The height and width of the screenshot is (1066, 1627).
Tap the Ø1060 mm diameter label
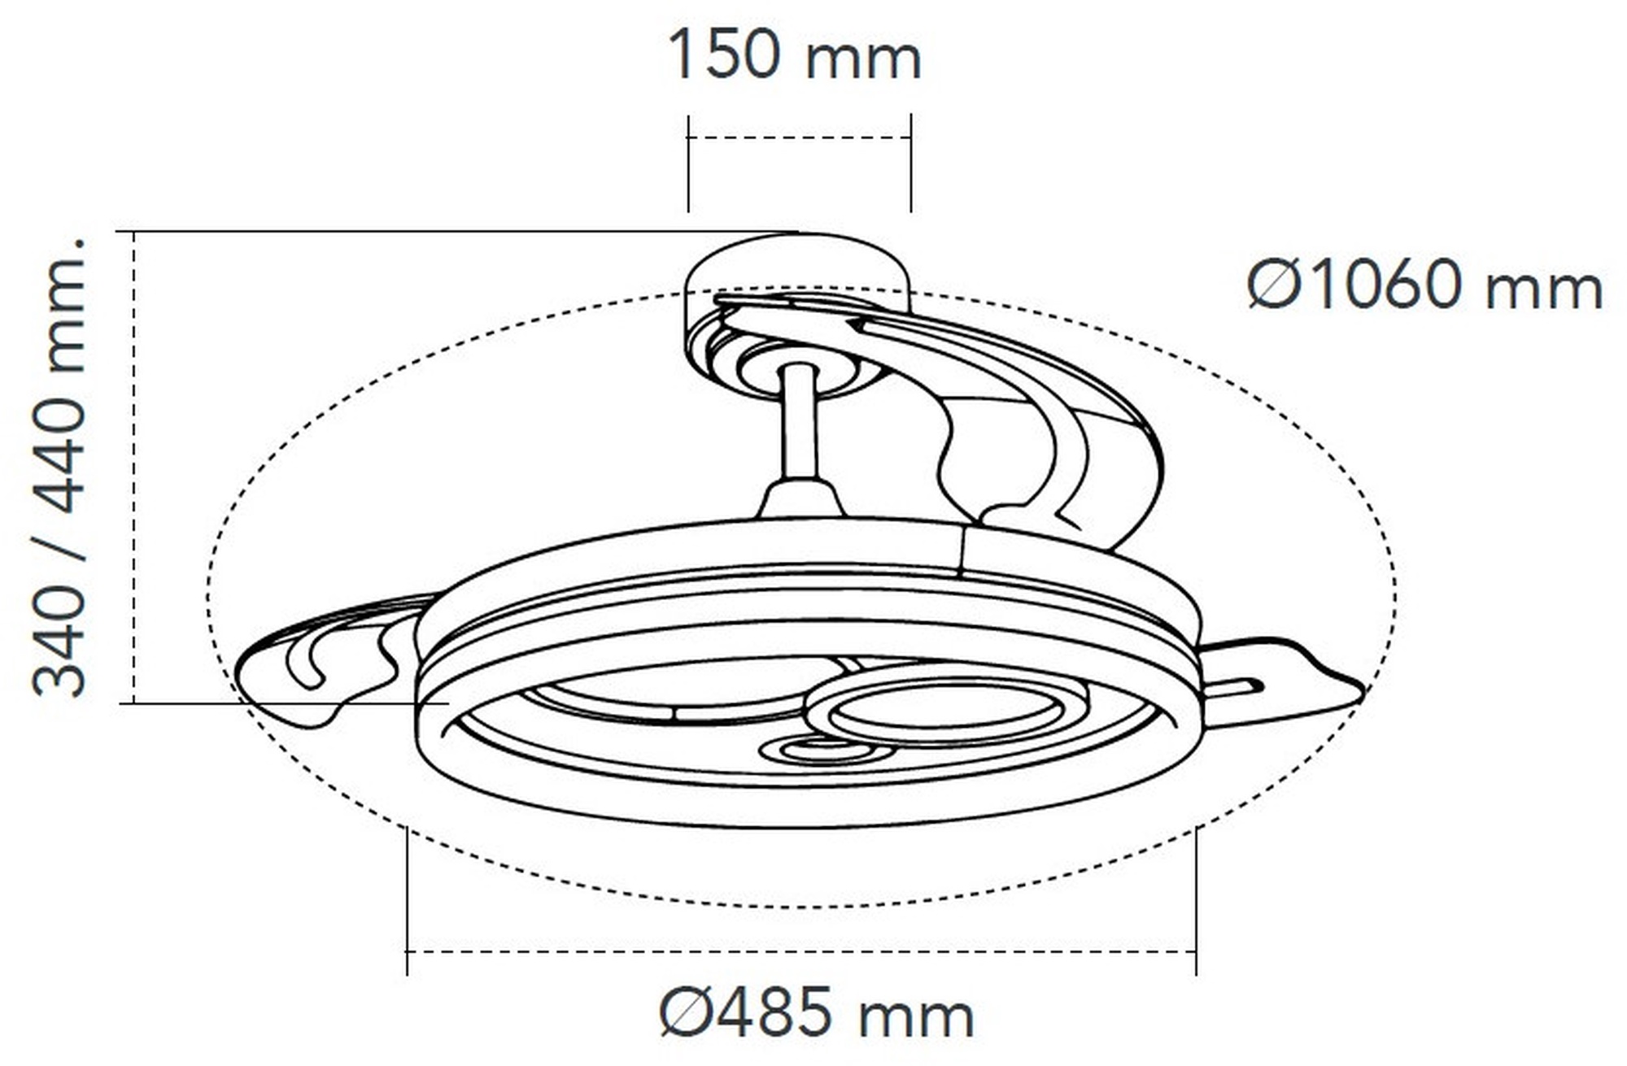tap(1424, 285)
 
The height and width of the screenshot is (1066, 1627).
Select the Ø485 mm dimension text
tap(817, 1012)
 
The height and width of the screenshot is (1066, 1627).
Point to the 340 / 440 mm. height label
tap(59, 467)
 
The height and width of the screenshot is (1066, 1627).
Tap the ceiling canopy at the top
tap(797, 268)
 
